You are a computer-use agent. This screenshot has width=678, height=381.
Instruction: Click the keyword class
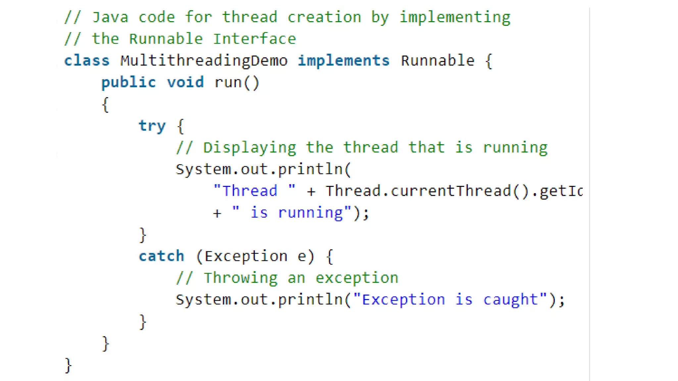tap(87, 61)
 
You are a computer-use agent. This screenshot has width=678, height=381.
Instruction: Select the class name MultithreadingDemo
tap(204, 61)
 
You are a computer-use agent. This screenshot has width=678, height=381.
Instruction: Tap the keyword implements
tap(344, 61)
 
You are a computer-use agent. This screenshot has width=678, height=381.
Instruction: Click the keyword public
tap(128, 82)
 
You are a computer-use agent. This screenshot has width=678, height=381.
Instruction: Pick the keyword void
tap(185, 82)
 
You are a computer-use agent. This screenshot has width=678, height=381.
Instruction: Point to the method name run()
tap(237, 82)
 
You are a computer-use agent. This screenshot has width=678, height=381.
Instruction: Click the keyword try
tap(152, 126)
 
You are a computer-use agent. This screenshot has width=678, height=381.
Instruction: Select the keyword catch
tap(162, 256)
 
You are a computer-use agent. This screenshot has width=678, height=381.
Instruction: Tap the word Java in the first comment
tap(110, 17)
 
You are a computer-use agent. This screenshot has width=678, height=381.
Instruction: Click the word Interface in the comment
tap(254, 39)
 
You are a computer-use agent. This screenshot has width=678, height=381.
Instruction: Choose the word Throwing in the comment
tap(241, 278)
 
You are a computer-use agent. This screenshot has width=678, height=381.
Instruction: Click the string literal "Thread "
tap(254, 191)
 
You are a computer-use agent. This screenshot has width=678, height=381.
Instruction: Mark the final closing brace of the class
tap(68, 365)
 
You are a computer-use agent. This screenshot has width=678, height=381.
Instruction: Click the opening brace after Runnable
tap(489, 61)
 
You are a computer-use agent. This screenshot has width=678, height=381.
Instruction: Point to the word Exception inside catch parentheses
tap(246, 256)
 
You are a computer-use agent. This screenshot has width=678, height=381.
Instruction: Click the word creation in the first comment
tap(324, 17)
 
